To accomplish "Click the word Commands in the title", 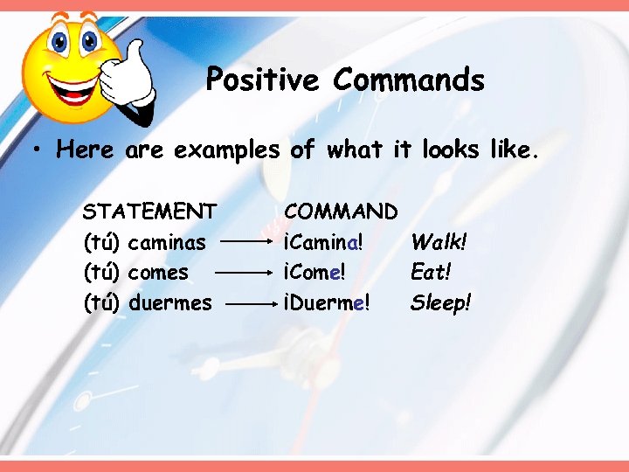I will [408, 80].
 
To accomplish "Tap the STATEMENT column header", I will [149, 211].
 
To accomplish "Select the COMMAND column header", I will [342, 211].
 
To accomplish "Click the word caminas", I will [167, 241].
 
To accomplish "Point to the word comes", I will [158, 272].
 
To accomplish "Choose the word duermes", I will [169, 302].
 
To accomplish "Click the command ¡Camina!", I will [323, 241].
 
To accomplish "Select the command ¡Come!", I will [315, 272].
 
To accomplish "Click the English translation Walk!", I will [439, 241].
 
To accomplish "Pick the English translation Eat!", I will [432, 272].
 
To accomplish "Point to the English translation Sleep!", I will [441, 302].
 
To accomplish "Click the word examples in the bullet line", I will [226, 150].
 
